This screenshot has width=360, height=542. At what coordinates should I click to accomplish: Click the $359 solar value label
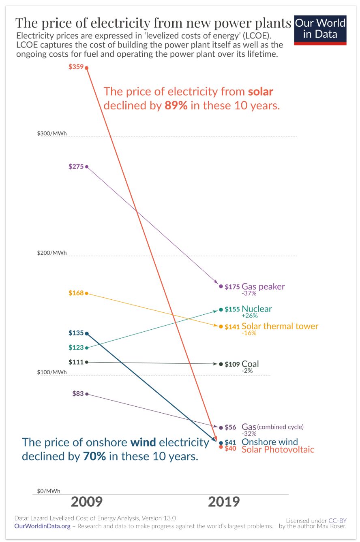pyautogui.click(x=76, y=67)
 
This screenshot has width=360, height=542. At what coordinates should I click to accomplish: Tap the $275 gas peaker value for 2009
pyautogui.click(x=76, y=166)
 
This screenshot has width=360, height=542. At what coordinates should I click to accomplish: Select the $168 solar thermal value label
pyautogui.click(x=76, y=292)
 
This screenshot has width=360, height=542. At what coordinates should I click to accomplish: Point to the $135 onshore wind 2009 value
pyautogui.click(x=76, y=333)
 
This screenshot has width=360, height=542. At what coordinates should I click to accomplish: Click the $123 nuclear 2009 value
pyautogui.click(x=76, y=348)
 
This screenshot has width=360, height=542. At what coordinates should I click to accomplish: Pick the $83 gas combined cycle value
pyautogui.click(x=77, y=393)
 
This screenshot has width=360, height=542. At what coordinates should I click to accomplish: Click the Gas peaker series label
pyautogui.click(x=263, y=287)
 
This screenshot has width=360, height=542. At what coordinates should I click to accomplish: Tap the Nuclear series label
pyautogui.click(x=257, y=309)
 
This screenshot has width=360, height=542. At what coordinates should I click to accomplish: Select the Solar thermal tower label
pyautogui.click(x=280, y=326)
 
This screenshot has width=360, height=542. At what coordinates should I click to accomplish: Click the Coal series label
pyautogui.click(x=250, y=364)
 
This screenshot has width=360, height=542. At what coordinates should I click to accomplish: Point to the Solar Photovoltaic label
pyautogui.click(x=278, y=449)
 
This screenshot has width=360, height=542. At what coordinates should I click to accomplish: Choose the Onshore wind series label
pyautogui.click(x=270, y=442)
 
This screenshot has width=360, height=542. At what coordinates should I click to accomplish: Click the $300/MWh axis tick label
pyautogui.click(x=52, y=133)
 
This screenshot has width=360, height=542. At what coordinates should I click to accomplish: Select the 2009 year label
pyautogui.click(x=86, y=502)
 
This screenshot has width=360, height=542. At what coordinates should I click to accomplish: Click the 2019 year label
pyautogui.click(x=224, y=502)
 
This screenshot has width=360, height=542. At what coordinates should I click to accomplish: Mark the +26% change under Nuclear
pyautogui.click(x=249, y=316)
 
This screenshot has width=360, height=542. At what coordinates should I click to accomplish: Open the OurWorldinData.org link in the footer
pyautogui.click(x=42, y=526)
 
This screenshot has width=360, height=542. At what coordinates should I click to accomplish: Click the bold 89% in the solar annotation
pyautogui.click(x=176, y=106)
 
